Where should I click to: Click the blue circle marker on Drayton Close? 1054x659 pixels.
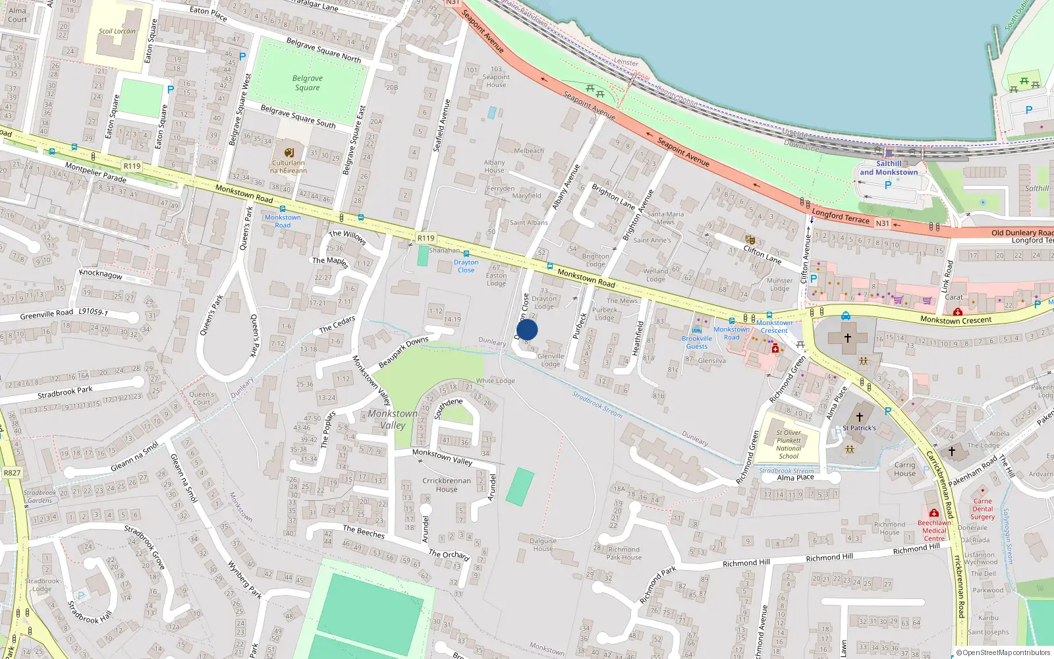(x=527, y=329)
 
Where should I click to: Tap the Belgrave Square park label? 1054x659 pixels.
(x=307, y=82)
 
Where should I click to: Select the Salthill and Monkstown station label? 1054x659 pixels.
(x=888, y=168)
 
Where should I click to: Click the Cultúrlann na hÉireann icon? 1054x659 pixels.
(x=289, y=153)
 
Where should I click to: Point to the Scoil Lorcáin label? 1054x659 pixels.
(x=117, y=31)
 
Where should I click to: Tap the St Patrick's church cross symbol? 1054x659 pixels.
(x=859, y=416)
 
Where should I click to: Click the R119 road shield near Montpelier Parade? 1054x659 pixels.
(x=132, y=166)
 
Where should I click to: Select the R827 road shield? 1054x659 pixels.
(x=12, y=473)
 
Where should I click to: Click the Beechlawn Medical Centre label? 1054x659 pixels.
(x=934, y=530)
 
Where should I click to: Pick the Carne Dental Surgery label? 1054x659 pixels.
(x=982, y=509)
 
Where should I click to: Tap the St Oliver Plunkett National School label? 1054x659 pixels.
(x=789, y=444)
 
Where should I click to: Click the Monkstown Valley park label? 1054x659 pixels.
(x=393, y=419)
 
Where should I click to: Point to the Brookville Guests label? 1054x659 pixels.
(x=696, y=342)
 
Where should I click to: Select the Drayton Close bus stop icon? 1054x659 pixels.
(x=466, y=254)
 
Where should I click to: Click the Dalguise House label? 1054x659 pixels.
(x=543, y=544)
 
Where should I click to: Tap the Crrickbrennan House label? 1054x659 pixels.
(x=446, y=484)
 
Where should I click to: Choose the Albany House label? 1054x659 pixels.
(x=494, y=166)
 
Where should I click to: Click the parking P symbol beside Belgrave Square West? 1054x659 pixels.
(x=242, y=57)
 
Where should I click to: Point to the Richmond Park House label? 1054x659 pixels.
(x=624, y=553)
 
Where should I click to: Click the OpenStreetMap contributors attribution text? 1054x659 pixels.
(x=1003, y=652)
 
